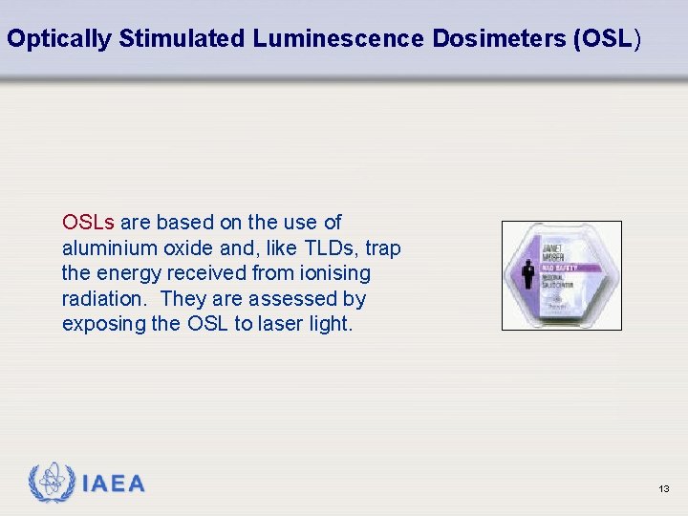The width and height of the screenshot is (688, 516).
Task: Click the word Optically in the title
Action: click(x=59, y=39)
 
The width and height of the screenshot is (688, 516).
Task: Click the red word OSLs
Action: click(x=88, y=223)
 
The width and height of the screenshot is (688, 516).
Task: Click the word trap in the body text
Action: click(x=382, y=248)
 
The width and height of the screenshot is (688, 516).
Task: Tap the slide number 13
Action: click(x=664, y=489)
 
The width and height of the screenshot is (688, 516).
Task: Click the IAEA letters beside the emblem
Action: click(x=114, y=484)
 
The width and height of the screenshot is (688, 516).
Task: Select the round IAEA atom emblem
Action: click(x=52, y=484)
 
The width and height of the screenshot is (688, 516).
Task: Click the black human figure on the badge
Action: click(x=528, y=273)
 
